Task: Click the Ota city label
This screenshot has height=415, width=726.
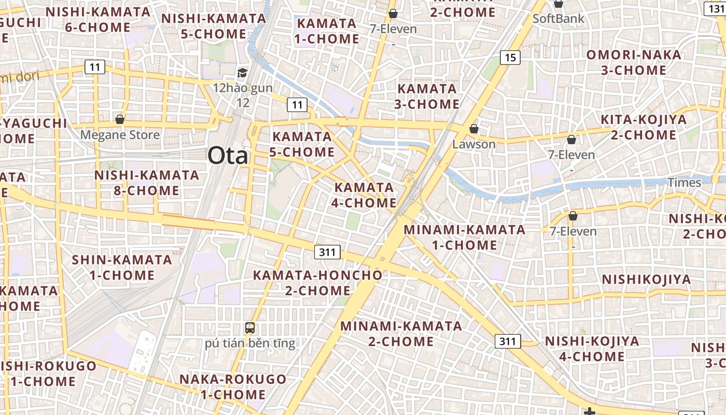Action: [x=228, y=155]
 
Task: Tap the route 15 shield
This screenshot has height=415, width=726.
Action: [x=510, y=57]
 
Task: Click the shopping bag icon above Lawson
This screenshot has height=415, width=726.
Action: [x=473, y=129]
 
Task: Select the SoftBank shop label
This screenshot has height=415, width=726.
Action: [x=559, y=19]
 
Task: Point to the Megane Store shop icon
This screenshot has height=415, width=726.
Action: [x=120, y=119]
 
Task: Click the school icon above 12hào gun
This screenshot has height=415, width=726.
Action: [x=242, y=73]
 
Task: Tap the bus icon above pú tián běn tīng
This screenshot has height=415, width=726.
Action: [x=250, y=327]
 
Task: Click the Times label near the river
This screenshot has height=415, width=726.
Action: [x=684, y=183]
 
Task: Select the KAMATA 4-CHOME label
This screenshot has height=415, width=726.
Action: [x=364, y=195]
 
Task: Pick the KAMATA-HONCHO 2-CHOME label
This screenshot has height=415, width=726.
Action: [x=317, y=283]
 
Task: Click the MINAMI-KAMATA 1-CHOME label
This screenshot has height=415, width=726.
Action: [x=465, y=237]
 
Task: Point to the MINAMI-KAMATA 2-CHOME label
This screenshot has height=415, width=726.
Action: [x=401, y=334]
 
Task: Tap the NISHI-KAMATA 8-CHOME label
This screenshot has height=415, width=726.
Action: [x=147, y=183]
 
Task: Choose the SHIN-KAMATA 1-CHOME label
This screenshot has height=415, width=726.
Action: [x=122, y=267]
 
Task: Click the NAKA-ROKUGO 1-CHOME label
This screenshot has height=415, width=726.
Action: [x=233, y=386]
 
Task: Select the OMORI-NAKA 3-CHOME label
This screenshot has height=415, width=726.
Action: [x=634, y=62]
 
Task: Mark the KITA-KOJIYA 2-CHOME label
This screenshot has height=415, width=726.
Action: [x=643, y=127]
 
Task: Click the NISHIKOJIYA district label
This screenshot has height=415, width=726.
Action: [x=646, y=280]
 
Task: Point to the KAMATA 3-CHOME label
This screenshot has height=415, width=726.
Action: [x=427, y=96]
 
